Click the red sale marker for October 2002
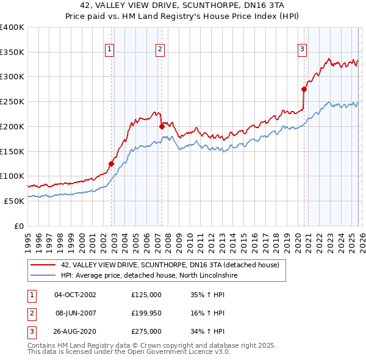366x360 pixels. pyautogui.click(x=111, y=164)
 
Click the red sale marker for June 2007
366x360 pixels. pyautogui.click(x=162, y=126)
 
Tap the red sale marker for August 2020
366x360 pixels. pyautogui.click(x=304, y=89)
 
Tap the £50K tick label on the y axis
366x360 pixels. pyautogui.click(x=13, y=201)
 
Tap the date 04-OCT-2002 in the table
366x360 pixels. pyautogui.click(x=75, y=294)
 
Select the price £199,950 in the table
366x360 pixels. pyautogui.click(x=146, y=313)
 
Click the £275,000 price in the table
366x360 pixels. pyautogui.click(x=146, y=331)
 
